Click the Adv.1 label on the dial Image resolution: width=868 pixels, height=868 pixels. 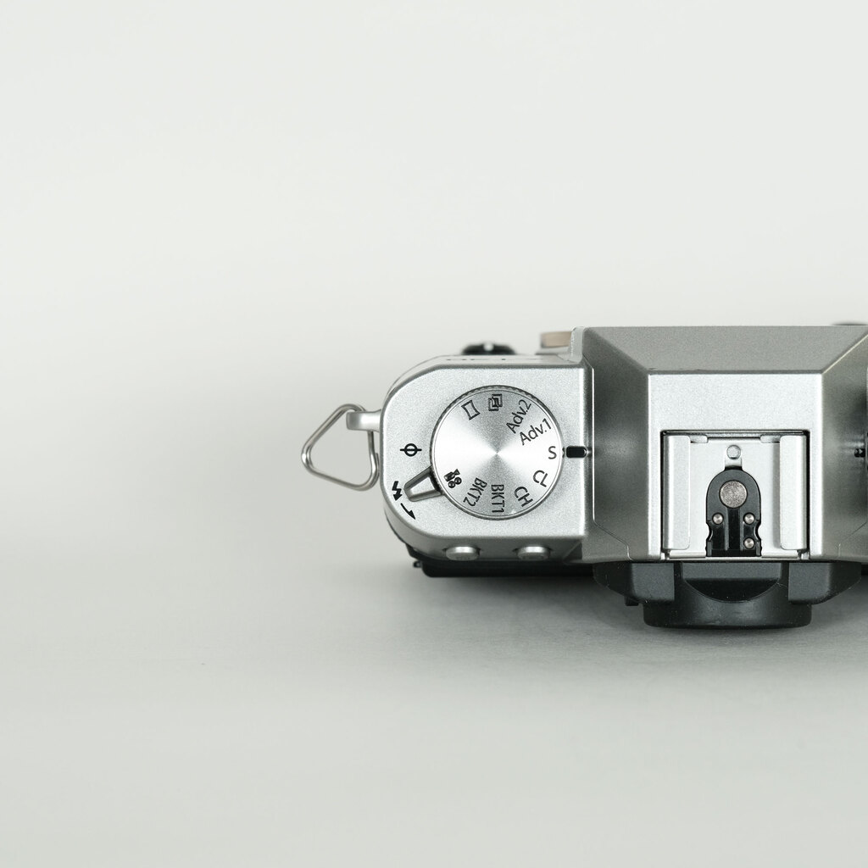536,431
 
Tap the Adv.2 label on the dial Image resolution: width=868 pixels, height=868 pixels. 519,415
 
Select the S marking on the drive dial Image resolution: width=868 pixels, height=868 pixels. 552,453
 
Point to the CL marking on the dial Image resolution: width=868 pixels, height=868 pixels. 540,478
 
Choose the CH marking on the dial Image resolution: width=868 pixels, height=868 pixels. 523,496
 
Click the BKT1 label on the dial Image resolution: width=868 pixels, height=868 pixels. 498,498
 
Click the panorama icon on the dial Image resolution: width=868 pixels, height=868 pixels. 470,410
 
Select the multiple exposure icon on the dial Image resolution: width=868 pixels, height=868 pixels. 495,402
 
